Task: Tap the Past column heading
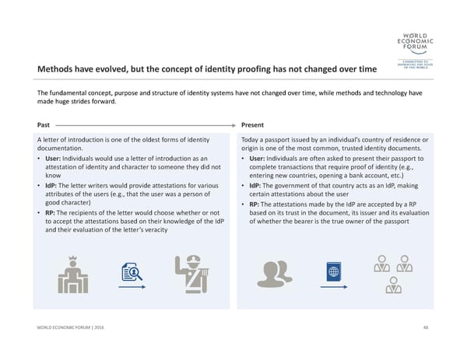(44, 124)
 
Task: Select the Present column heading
(252, 124)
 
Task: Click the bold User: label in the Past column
(54, 159)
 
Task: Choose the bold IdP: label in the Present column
(259, 185)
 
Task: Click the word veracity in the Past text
(153, 230)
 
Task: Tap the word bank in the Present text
(357, 177)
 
